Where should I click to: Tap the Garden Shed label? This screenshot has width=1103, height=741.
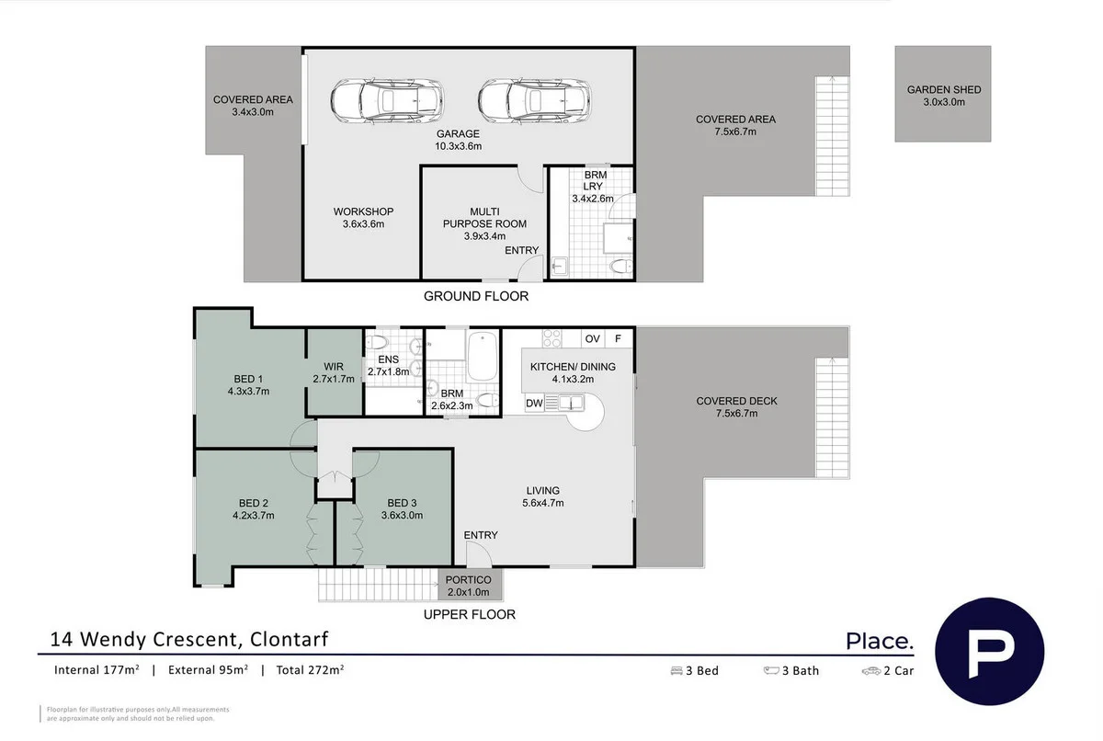[943, 96]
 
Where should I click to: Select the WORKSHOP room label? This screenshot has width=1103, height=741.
[363, 211]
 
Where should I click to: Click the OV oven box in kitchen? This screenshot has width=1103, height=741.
[593, 339]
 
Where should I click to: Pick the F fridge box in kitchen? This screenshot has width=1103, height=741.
[619, 339]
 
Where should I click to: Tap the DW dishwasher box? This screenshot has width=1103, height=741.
[534, 404]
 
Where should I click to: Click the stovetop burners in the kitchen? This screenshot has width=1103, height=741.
[551, 338]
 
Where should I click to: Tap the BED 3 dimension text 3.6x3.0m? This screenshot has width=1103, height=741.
[403, 515]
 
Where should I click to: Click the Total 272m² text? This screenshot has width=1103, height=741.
[309, 670]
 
